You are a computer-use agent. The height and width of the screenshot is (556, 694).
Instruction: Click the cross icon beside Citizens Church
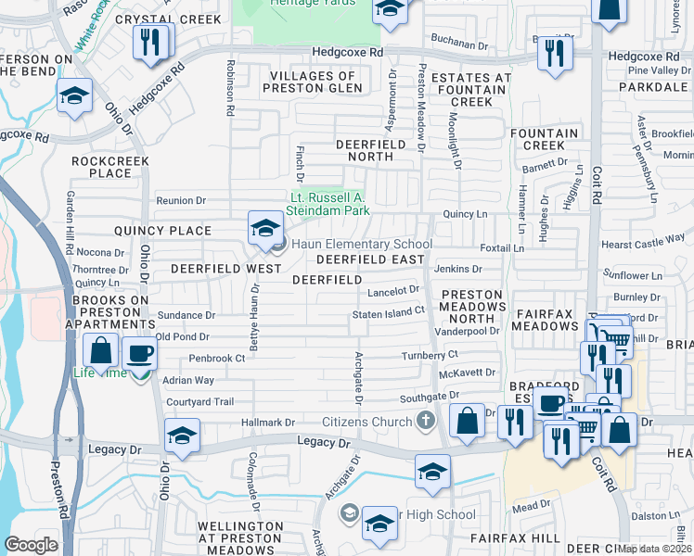tap(426, 422)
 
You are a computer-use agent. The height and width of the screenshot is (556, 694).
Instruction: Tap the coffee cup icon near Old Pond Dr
tap(140, 353)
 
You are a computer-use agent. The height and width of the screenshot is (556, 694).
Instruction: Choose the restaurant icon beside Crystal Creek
tap(150, 43)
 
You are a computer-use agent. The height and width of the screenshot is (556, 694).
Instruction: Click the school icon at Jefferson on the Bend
tap(73, 95)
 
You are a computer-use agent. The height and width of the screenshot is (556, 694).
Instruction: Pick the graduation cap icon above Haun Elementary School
tap(264, 227)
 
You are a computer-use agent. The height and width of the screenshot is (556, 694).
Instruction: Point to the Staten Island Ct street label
tap(388, 314)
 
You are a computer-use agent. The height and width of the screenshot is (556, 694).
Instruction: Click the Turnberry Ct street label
tap(430, 355)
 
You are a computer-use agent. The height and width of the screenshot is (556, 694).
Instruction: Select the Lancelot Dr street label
tap(394, 291)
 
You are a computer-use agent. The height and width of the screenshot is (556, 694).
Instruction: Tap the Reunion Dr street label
tap(180, 200)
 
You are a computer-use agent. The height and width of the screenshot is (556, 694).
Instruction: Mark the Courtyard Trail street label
tap(199, 402)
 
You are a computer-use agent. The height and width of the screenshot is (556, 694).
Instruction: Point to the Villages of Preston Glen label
tap(313, 82)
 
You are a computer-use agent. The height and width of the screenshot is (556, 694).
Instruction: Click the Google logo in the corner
tap(31, 545)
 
